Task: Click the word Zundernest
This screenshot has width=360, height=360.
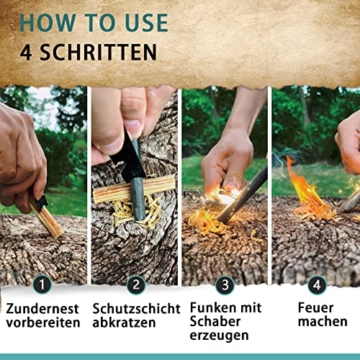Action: [43, 309]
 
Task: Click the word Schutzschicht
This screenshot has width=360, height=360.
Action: [136, 309]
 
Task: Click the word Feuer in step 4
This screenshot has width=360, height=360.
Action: [315, 309]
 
